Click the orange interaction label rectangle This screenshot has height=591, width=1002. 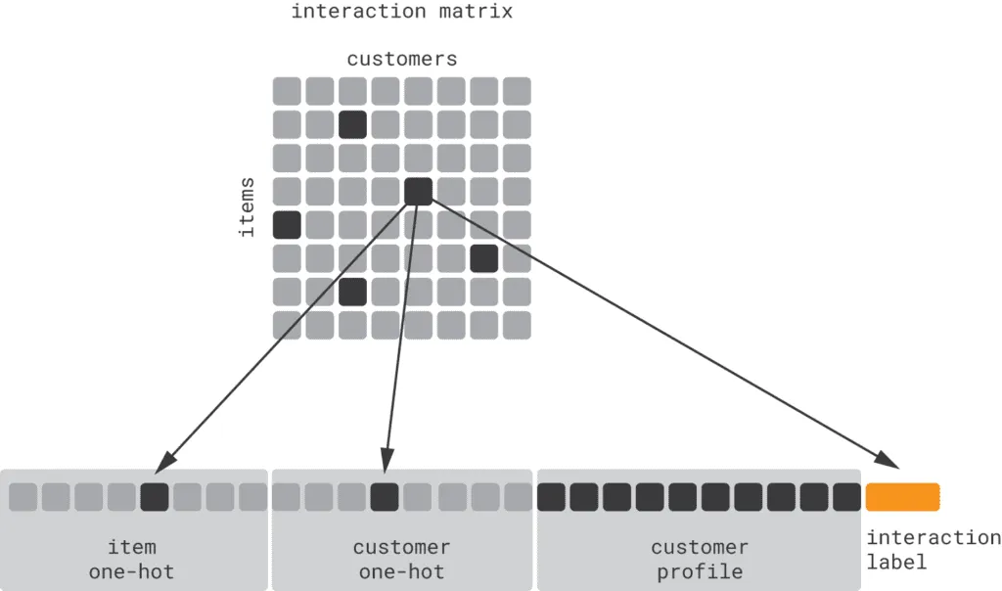coord(902,497)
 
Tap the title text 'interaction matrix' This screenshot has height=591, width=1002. coord(402,12)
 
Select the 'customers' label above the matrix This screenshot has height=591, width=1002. coord(402,60)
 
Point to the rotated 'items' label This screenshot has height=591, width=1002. coord(247,206)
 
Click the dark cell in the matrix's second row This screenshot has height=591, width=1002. coord(352,124)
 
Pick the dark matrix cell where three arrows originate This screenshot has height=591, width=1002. coord(418,191)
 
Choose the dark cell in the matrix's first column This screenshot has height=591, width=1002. coord(287,224)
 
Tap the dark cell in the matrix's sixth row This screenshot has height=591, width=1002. coord(484,258)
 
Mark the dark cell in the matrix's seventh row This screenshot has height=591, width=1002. coord(352,292)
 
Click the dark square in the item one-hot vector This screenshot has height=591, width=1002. coord(155,497)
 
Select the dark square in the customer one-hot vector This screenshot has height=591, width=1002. coord(385,497)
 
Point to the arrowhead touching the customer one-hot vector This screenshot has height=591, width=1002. coord(387,459)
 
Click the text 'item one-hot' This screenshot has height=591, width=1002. coord(132,560)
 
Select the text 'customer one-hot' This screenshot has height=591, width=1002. coord(401,560)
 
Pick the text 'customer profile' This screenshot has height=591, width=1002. coord(700,560)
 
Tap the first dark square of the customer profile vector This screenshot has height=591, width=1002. coord(551,497)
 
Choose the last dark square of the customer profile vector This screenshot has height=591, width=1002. coord(847,497)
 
